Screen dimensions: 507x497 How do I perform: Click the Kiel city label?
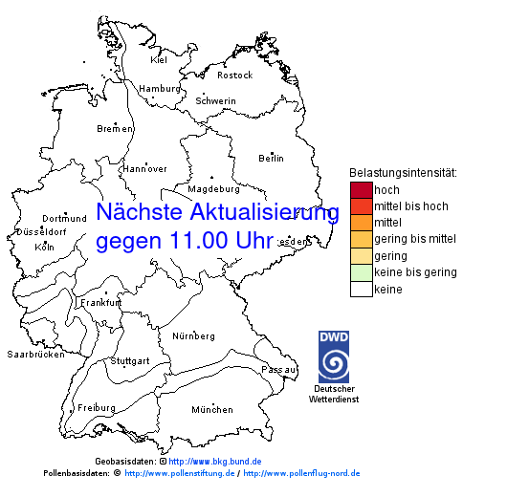click(x=159, y=59)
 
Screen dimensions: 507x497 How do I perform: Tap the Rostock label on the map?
click(x=234, y=75)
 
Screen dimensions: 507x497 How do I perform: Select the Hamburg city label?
click(x=160, y=89)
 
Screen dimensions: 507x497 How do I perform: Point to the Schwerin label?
click(x=215, y=100)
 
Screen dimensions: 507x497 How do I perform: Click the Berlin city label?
click(x=271, y=158)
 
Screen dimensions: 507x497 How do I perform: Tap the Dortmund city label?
click(x=64, y=218)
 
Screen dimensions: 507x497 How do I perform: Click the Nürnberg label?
click(x=193, y=336)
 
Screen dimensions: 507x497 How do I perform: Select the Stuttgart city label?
click(x=130, y=361)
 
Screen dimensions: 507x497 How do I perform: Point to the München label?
click(x=211, y=410)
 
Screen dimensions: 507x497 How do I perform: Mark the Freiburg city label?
click(x=96, y=407)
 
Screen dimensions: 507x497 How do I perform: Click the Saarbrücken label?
click(x=35, y=355)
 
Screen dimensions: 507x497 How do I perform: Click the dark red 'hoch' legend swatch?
click(x=361, y=189)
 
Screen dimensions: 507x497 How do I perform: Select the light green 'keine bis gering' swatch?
click(x=361, y=272)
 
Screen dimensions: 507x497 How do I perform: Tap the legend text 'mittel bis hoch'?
click(x=411, y=205)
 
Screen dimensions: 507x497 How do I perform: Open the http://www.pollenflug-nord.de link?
click(x=301, y=473)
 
